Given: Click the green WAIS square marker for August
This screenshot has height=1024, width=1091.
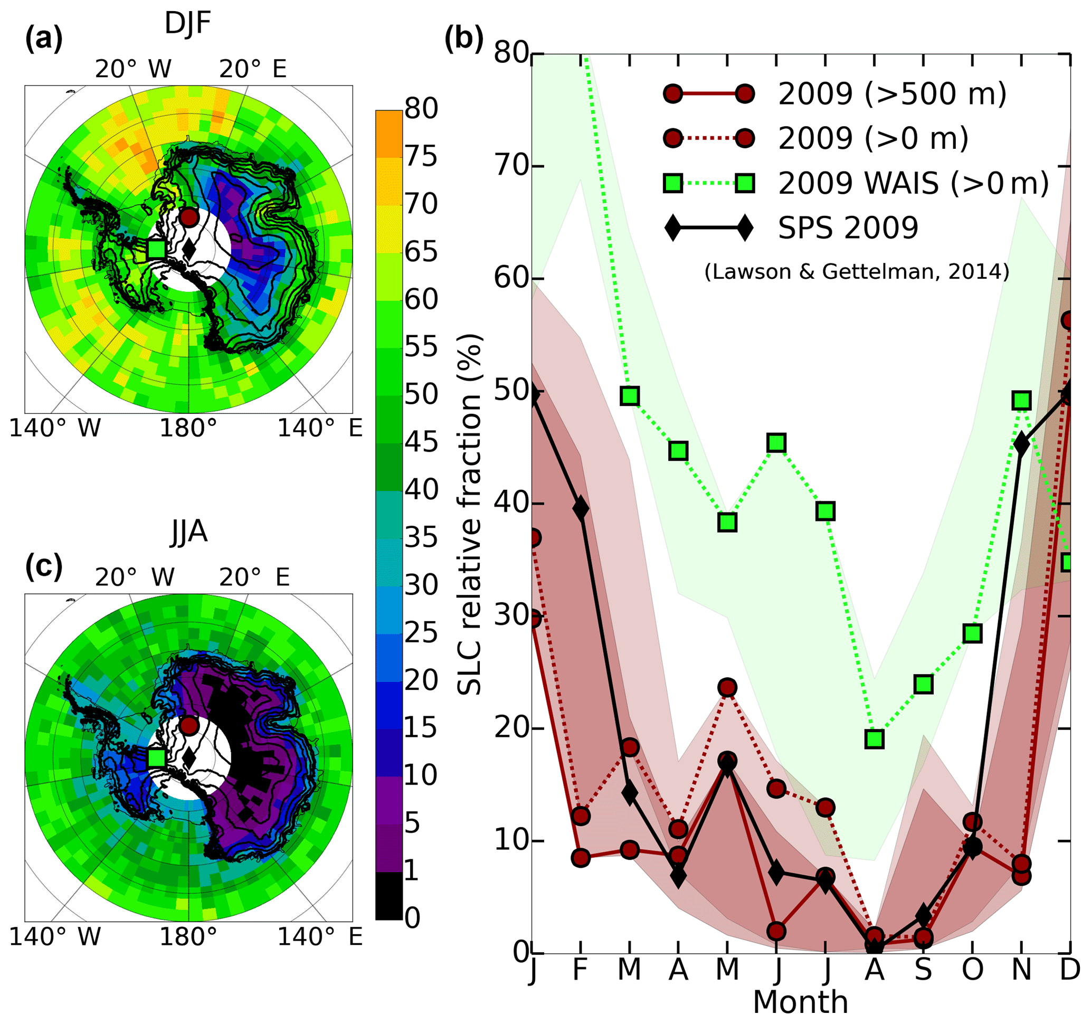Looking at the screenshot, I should tap(874, 739).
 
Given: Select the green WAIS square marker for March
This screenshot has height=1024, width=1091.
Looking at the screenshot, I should tap(630, 396).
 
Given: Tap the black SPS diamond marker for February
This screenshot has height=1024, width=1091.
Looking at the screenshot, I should tap(581, 509).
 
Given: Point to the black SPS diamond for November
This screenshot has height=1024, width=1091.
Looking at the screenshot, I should tap(1021, 443).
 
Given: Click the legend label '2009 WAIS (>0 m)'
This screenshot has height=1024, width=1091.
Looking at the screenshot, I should tap(913, 183).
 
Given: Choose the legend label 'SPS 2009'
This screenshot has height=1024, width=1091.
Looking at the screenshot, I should tap(848, 227).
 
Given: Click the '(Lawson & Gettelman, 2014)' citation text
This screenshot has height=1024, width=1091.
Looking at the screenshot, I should tap(857, 272).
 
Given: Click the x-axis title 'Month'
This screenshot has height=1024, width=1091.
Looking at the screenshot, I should tap(800, 1002).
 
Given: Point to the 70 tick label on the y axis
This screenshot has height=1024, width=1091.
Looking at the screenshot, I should tap(511, 166).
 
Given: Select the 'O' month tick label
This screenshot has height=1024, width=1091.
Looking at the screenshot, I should tap(972, 970).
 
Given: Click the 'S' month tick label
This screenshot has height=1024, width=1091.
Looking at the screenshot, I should tap(923, 970).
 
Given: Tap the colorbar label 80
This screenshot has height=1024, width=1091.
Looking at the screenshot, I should tap(421, 109).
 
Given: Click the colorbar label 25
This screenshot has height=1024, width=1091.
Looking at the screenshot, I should tap(421, 633).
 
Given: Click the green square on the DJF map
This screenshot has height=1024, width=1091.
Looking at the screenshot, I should tap(156, 249).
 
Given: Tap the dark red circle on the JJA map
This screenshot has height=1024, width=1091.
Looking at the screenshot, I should tap(189, 726).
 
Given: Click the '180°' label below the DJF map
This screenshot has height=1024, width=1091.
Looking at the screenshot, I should tap(188, 429).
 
